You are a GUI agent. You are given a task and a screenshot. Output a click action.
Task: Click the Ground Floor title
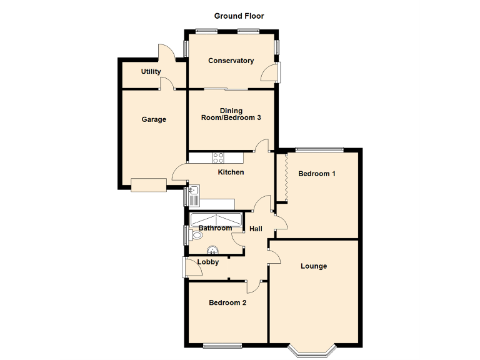[x=239, y=16]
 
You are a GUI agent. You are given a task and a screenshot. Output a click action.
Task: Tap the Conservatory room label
[x=231, y=61]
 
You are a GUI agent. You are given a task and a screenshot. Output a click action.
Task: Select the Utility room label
[x=151, y=72]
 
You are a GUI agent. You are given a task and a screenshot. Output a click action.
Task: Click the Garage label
[x=154, y=119]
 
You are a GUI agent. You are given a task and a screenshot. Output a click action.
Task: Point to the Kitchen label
[x=230, y=172]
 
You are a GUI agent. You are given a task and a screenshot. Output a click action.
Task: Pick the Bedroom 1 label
[x=316, y=174]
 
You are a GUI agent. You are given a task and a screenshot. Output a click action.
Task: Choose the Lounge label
[x=314, y=266]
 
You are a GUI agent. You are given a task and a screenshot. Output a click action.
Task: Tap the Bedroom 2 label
[x=227, y=302]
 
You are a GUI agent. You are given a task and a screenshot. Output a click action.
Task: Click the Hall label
[x=256, y=229]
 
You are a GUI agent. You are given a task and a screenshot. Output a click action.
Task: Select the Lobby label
[x=208, y=262]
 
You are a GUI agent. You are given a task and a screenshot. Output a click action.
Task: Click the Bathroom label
[x=215, y=228]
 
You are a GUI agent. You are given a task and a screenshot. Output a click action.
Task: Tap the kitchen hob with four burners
[x=219, y=157]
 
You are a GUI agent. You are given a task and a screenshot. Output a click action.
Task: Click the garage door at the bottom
[x=149, y=185]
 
